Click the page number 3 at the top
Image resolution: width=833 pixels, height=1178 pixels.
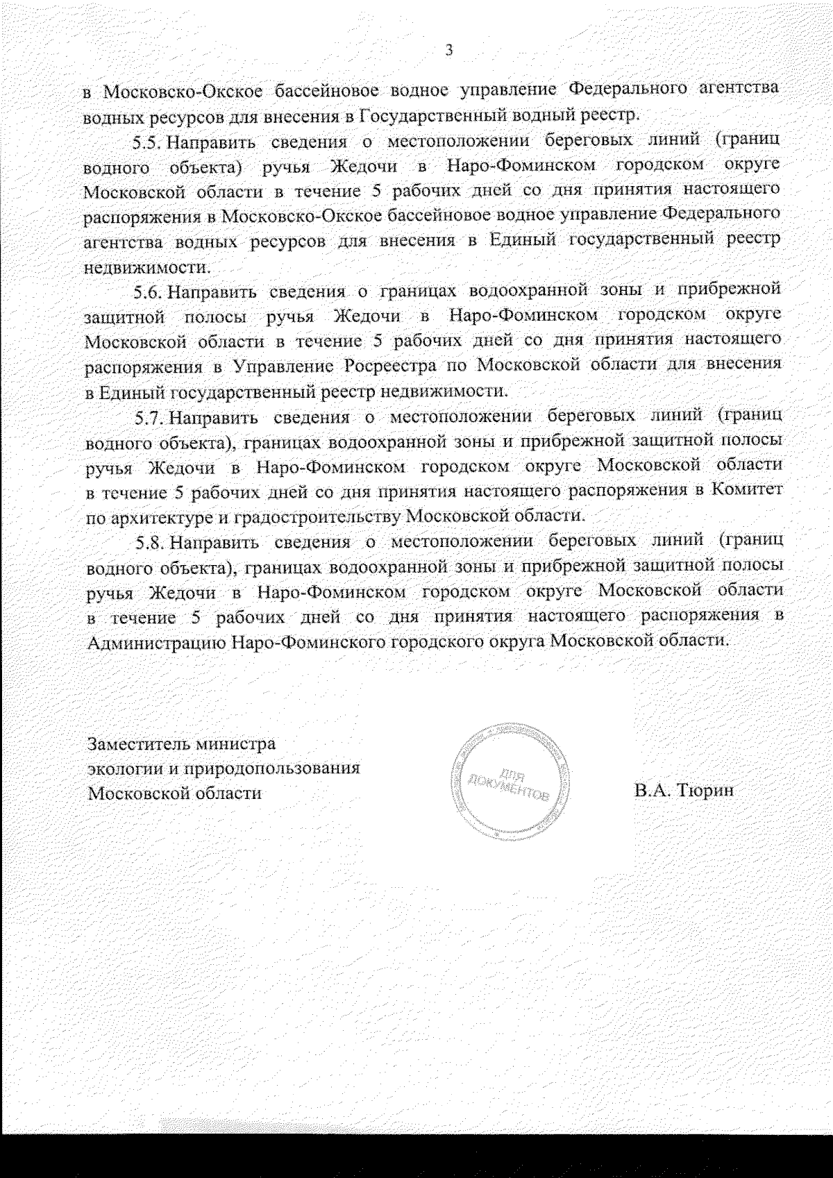(448, 50)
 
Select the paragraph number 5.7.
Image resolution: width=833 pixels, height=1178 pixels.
(149, 418)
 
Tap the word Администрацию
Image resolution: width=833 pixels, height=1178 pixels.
(155, 641)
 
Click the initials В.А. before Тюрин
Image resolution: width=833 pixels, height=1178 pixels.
(651, 790)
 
